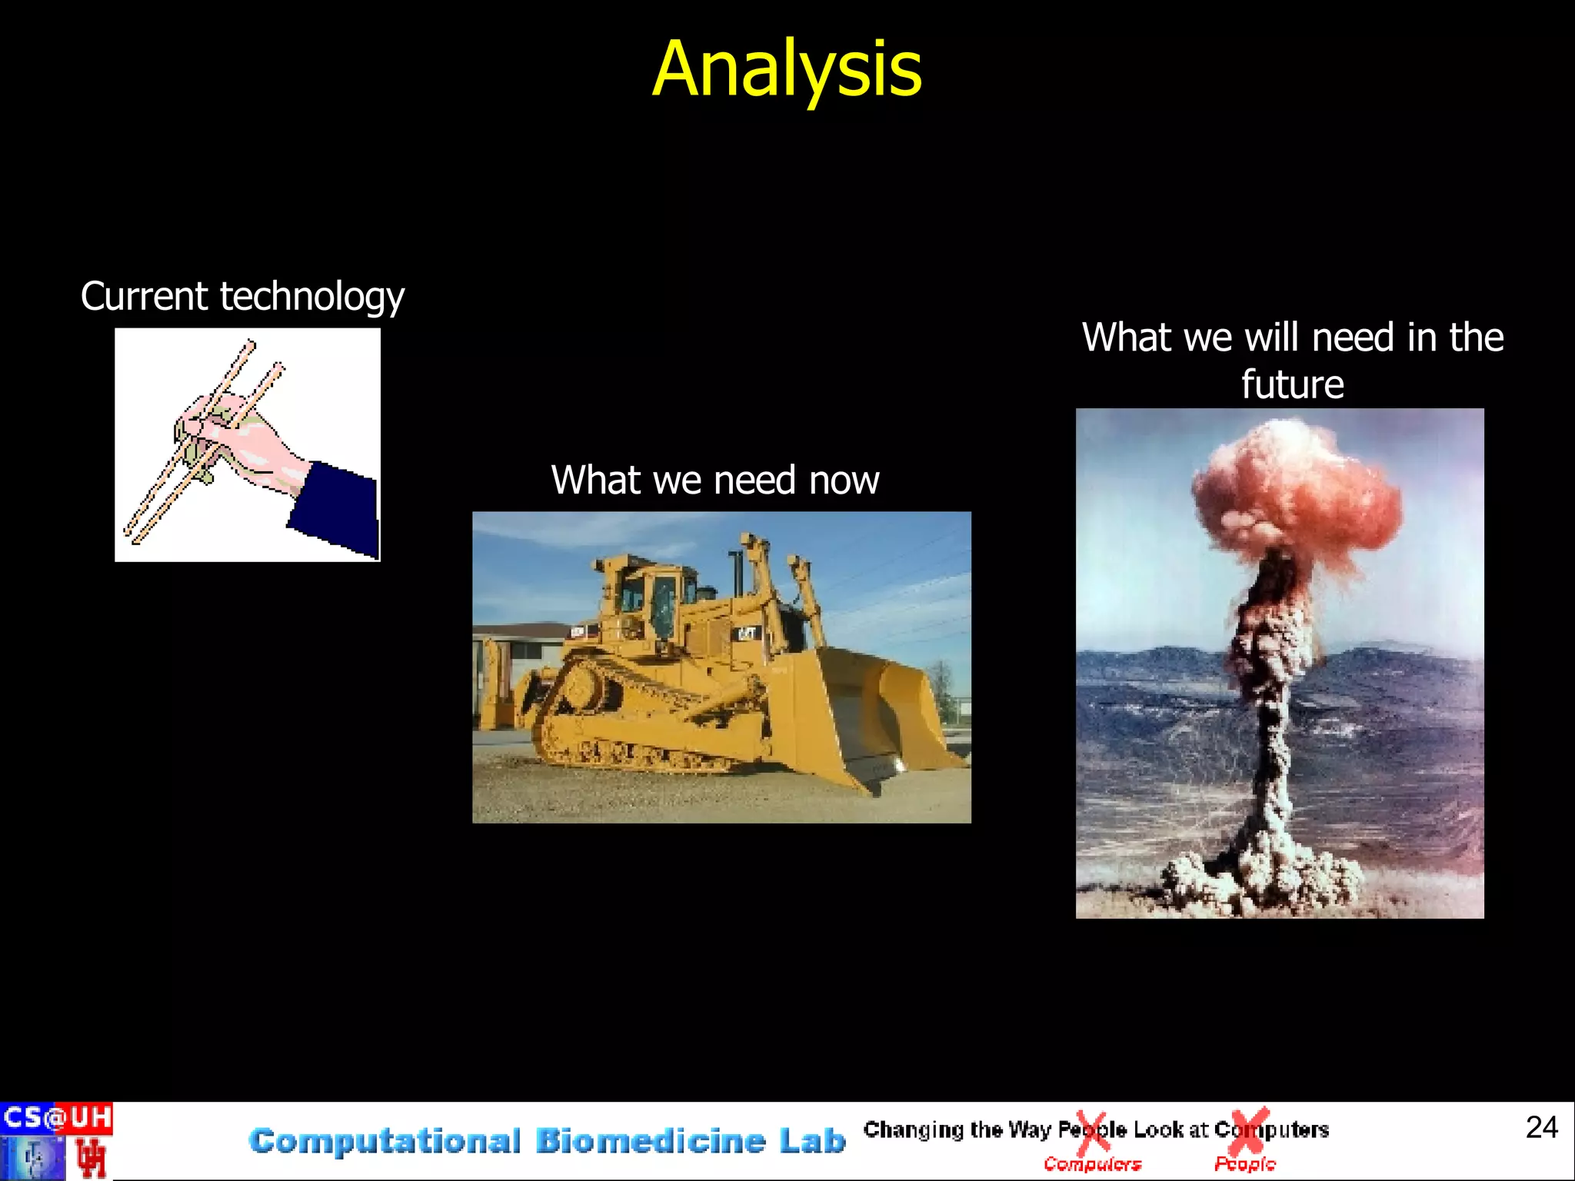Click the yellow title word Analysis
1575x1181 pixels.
tap(786, 71)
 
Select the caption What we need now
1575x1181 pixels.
tap(714, 481)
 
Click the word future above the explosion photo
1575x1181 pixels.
tap(1292, 384)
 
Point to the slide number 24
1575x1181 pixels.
tap(1541, 1127)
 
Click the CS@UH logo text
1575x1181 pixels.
tap(56, 1117)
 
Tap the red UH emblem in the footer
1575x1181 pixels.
tap(91, 1158)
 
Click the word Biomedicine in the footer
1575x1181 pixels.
tap(651, 1141)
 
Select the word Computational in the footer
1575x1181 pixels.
tap(385, 1141)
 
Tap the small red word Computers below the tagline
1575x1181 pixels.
tap(1092, 1165)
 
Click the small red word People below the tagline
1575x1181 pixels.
tap(1244, 1165)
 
